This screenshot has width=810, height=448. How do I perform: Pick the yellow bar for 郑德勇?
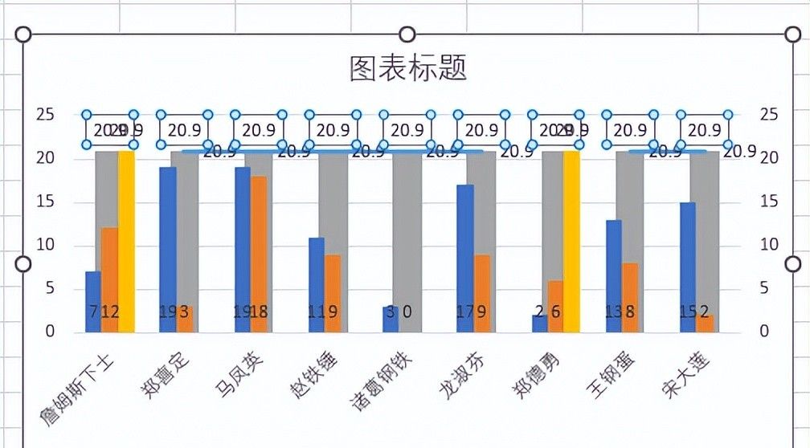(571, 241)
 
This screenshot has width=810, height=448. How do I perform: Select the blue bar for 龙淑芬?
(464, 257)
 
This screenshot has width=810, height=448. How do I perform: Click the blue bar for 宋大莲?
(688, 265)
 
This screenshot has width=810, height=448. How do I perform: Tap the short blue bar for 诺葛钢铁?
(390, 319)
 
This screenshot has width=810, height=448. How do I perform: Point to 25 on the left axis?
(46, 115)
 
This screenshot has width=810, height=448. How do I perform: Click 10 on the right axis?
(769, 245)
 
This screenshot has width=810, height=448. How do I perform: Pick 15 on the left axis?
(46, 202)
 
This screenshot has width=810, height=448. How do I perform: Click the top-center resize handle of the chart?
(407, 34)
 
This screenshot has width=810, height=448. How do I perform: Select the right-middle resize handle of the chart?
(792, 264)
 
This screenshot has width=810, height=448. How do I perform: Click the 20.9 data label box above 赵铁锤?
(333, 129)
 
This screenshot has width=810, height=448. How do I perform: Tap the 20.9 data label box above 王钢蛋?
(630, 129)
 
